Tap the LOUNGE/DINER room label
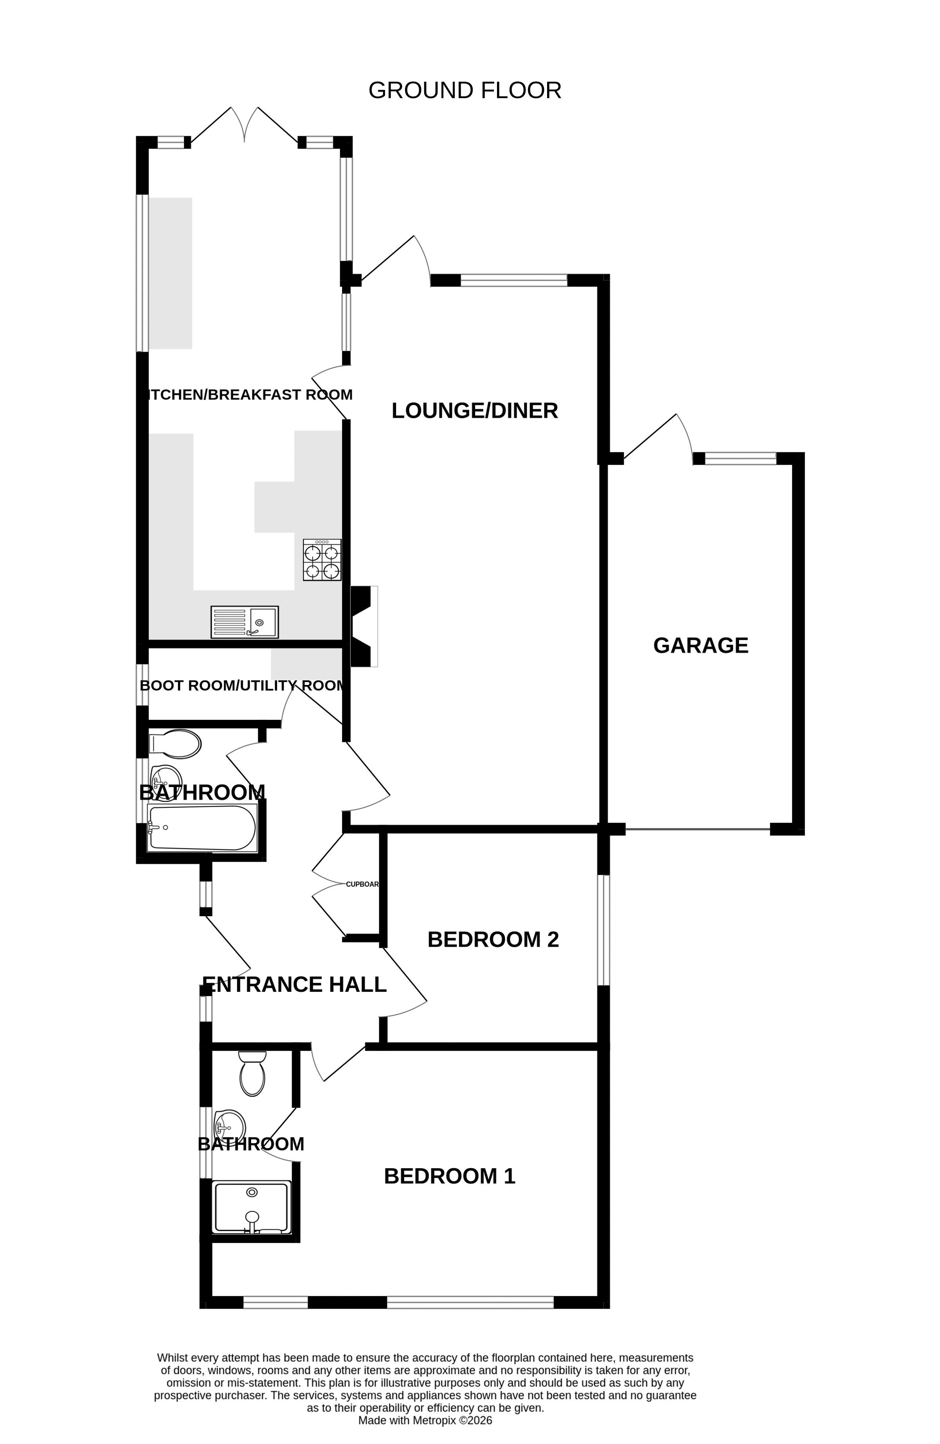point(475,411)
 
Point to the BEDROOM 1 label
point(449,1176)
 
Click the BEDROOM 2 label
point(493,939)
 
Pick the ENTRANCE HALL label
point(294,984)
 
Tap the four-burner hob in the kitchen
point(322,560)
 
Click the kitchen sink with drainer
point(245,622)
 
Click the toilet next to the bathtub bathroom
point(175,744)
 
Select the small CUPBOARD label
point(362,885)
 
